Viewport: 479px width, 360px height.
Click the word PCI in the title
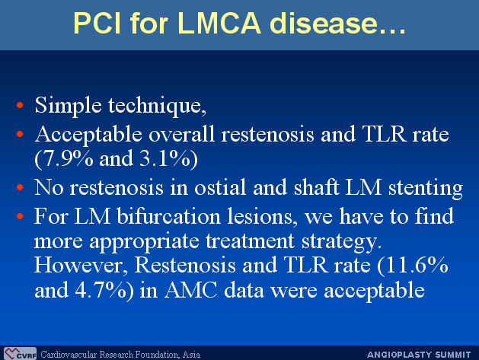tap(97, 23)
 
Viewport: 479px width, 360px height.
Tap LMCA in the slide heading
tap(219, 23)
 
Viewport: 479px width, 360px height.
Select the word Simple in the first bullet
tap(68, 106)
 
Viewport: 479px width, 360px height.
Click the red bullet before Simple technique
tap(20, 105)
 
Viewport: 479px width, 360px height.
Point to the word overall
tap(181, 134)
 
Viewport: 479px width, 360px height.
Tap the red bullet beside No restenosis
tap(20, 187)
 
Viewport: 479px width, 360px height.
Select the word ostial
tap(220, 187)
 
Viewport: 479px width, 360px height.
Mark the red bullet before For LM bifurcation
tap(20, 216)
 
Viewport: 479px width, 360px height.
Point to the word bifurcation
tap(168, 216)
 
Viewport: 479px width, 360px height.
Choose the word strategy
tap(341, 242)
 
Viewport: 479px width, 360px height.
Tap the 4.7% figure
tap(101, 290)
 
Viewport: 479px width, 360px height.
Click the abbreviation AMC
tap(191, 290)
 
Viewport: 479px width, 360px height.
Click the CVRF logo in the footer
tap(20, 354)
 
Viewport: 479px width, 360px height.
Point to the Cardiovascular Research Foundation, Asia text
tap(120, 355)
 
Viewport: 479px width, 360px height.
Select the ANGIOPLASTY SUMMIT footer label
tap(419, 355)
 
